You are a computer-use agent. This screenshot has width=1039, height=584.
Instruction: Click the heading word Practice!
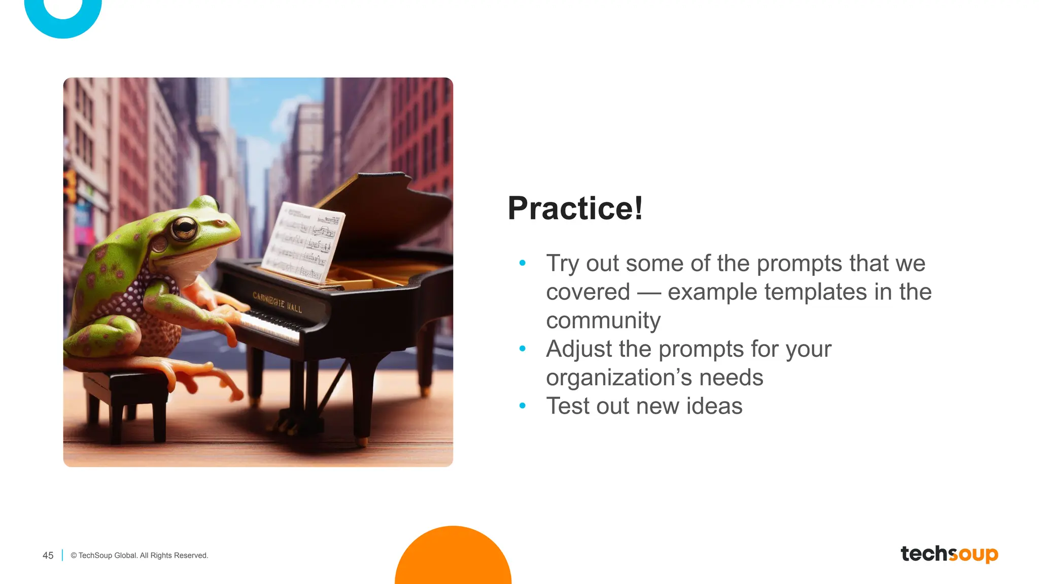pos(575,208)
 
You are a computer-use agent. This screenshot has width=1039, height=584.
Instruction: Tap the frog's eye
pos(184,228)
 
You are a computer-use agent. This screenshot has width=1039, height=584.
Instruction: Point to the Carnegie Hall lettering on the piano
pos(277,302)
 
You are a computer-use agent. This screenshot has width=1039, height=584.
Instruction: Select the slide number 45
pos(48,556)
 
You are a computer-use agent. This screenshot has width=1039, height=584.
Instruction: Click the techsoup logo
pos(949,554)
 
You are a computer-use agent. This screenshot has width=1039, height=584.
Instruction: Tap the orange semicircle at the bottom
pos(453,558)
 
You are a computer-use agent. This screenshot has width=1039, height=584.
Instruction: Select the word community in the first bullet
pos(603,320)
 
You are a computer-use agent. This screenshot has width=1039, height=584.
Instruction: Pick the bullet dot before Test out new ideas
pos(523,406)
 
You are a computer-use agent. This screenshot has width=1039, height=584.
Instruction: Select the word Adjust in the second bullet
pos(578,349)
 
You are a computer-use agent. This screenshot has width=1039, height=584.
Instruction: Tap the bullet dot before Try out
pos(523,263)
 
